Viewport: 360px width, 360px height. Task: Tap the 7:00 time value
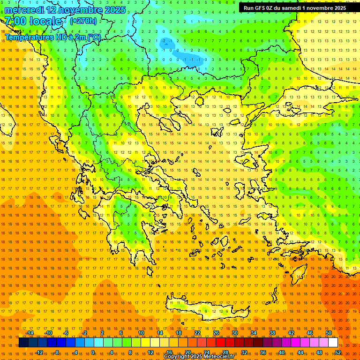pos(15,21)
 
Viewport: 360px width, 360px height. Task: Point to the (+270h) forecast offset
pos(83,21)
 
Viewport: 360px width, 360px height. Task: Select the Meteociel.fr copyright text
pos(218,357)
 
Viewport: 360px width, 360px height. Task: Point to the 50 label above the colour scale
pos(329,333)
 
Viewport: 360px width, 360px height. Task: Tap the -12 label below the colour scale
pos(39,352)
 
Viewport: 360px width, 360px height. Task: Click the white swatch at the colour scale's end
pos(333,343)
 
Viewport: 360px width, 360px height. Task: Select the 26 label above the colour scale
pos(216,333)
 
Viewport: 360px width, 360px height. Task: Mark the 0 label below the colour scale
pos(93,352)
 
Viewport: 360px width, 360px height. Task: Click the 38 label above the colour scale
pos(272,333)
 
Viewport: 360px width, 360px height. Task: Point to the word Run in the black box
pos(248,8)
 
